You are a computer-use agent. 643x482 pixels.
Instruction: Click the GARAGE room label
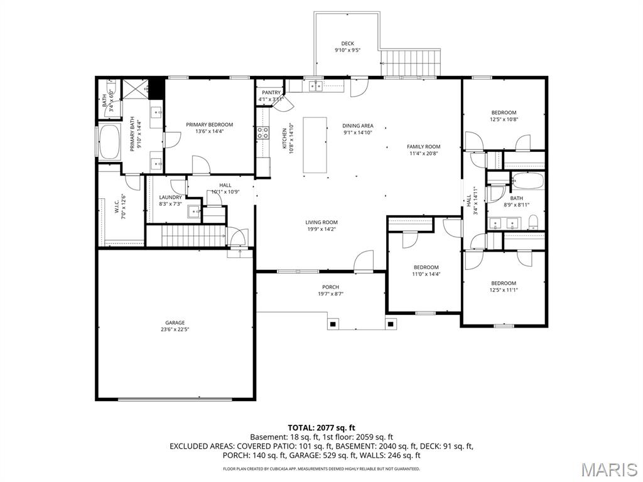[x=175, y=323]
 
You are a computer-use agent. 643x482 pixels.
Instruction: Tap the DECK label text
[x=347, y=43]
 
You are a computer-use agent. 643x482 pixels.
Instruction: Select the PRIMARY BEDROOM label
[x=209, y=124]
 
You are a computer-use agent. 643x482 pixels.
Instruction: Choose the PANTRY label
[x=271, y=93]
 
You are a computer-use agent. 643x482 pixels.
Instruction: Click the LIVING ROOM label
[x=321, y=222]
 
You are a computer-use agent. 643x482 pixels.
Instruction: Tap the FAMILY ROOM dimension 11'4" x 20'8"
[x=423, y=153]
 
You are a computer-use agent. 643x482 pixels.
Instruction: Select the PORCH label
[x=330, y=287]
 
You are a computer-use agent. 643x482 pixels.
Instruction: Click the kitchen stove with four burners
[x=262, y=132]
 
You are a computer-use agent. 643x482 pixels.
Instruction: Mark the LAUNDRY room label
[x=170, y=197]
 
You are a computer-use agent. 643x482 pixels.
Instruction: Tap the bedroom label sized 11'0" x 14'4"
[x=426, y=267]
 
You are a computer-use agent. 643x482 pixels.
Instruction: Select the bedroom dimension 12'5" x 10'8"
[x=504, y=119]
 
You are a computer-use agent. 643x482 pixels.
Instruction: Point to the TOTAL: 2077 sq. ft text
[x=321, y=427]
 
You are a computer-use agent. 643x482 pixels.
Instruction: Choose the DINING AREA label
[x=358, y=126]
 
